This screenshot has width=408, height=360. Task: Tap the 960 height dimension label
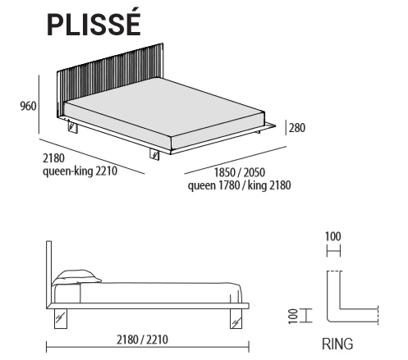(x=28, y=106)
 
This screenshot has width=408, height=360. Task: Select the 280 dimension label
(x=297, y=128)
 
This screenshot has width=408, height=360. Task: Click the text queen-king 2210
(x=80, y=171)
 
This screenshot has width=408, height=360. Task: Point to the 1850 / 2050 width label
(x=240, y=172)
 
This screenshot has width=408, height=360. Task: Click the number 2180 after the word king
(x=280, y=185)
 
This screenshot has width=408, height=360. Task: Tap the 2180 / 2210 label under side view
(x=142, y=339)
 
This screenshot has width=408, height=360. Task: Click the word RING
(x=337, y=344)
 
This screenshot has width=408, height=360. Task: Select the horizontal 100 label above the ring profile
(x=333, y=236)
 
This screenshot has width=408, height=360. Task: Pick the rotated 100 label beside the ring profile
(x=293, y=316)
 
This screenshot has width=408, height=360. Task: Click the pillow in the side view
(x=76, y=277)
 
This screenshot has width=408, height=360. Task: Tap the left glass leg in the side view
(x=61, y=318)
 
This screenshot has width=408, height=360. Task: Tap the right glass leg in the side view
(x=236, y=318)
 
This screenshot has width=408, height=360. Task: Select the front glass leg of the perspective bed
(x=155, y=155)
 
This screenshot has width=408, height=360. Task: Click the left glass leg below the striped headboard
(x=73, y=127)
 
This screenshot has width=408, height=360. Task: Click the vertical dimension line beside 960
(x=39, y=104)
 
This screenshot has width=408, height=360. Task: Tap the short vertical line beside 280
(x=286, y=128)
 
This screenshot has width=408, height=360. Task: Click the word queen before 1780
(x=202, y=186)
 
